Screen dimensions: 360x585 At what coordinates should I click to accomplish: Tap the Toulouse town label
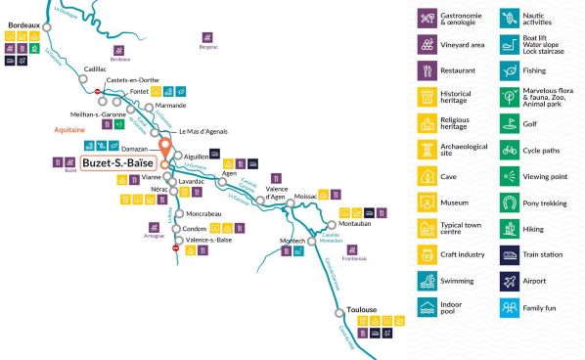361,310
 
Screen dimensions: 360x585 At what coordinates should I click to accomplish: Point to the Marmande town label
170,106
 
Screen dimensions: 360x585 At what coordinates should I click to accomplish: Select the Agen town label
230,173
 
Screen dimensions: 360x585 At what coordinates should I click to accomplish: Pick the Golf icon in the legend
510,123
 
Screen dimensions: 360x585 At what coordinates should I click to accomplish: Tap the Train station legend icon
510,255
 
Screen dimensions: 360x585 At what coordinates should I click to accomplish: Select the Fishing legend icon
510,70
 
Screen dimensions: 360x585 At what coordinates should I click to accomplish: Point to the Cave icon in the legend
427,176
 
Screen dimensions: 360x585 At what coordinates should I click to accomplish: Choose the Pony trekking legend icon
510,202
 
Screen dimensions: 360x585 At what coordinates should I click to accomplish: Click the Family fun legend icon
510,308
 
